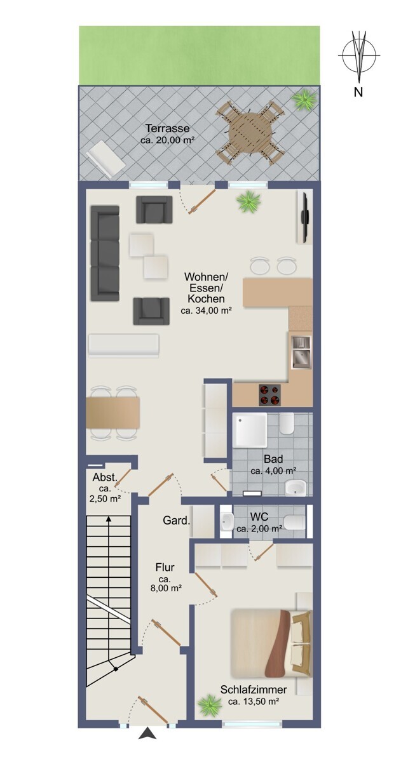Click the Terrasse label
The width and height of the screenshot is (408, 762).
pyautogui.click(x=167, y=128)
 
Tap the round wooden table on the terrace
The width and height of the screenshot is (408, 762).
pyautogui.click(x=250, y=133)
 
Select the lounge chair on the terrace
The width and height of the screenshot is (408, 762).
pyautogui.click(x=105, y=159)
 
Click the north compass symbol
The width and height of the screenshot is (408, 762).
pyautogui.click(x=359, y=55)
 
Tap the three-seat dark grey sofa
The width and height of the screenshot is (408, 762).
pyautogui.click(x=105, y=253)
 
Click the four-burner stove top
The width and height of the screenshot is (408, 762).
pyautogui.click(x=269, y=394)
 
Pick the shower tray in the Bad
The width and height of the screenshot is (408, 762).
pyautogui.click(x=250, y=430)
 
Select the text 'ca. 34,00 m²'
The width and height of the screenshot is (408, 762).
pyautogui.click(x=207, y=311)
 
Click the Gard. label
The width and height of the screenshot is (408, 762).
pyautogui.click(x=176, y=521)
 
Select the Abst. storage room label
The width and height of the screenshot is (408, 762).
pyautogui.click(x=105, y=478)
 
